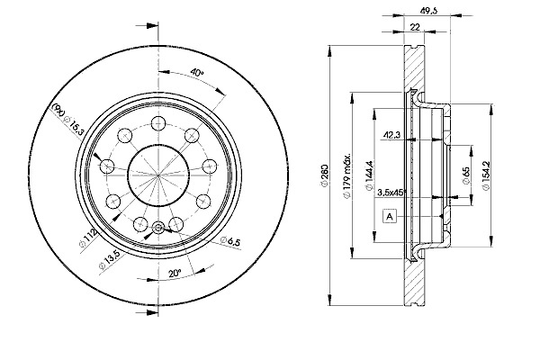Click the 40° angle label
[x=197, y=73]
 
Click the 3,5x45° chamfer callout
[x=390, y=193]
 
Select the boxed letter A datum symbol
[x=390, y=216]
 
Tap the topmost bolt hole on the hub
[x=157, y=122]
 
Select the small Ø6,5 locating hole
[x=159, y=228]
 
